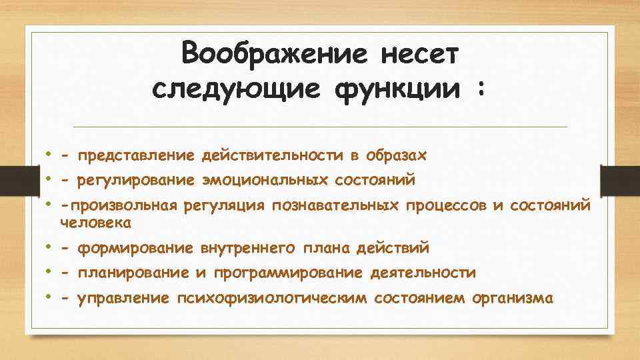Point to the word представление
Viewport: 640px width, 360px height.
[136, 156]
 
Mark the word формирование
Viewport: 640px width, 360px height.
[136, 249]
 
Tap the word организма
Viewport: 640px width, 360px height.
[511, 298]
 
